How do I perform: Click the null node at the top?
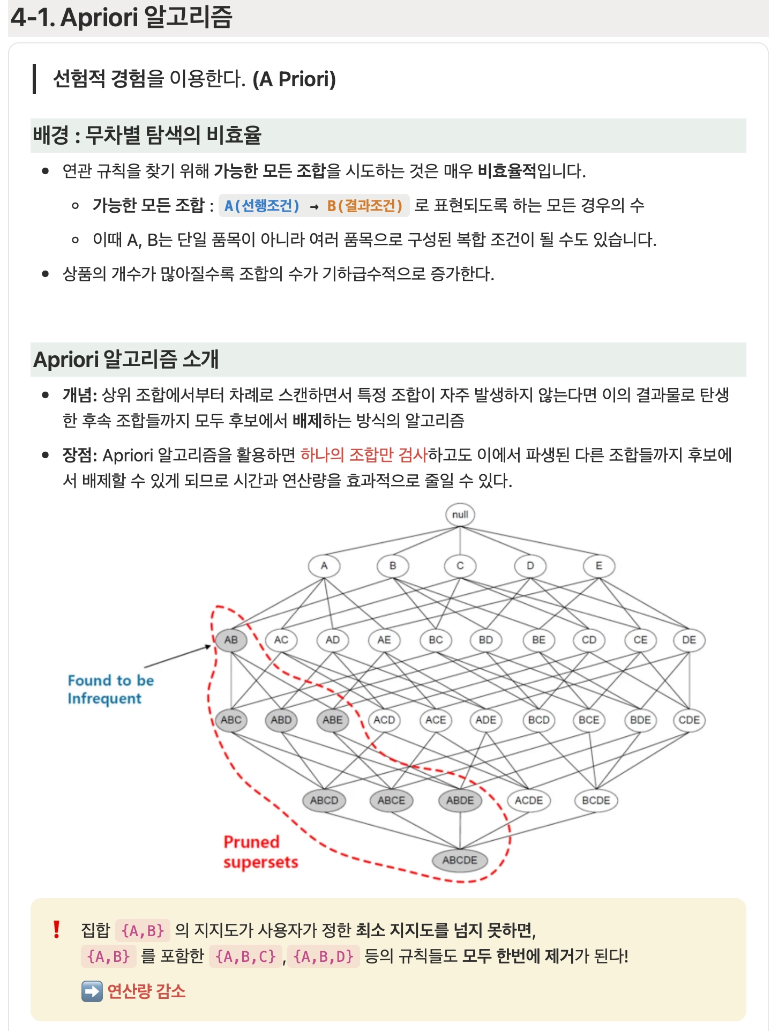pos(460,514)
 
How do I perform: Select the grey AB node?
pos(231,640)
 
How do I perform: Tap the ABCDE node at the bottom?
pos(460,860)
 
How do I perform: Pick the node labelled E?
pos(598,566)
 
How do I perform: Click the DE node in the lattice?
pos(689,640)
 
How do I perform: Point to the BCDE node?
pos(596,801)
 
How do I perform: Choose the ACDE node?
pos(529,801)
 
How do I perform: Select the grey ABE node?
pos(332,720)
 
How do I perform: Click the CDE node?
pos(689,720)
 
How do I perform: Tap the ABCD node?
pos(324,801)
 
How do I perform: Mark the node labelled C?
pos(460,566)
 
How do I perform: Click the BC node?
pos(436,640)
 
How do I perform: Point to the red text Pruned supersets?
pos(260,852)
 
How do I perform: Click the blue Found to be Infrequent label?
pos(110,690)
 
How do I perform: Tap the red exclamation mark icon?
pos(56,929)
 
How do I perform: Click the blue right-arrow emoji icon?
pos(92,991)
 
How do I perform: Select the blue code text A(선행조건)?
pos(262,206)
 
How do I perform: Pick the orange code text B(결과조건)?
pos(364,206)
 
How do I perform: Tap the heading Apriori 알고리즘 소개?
pos(126,360)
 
